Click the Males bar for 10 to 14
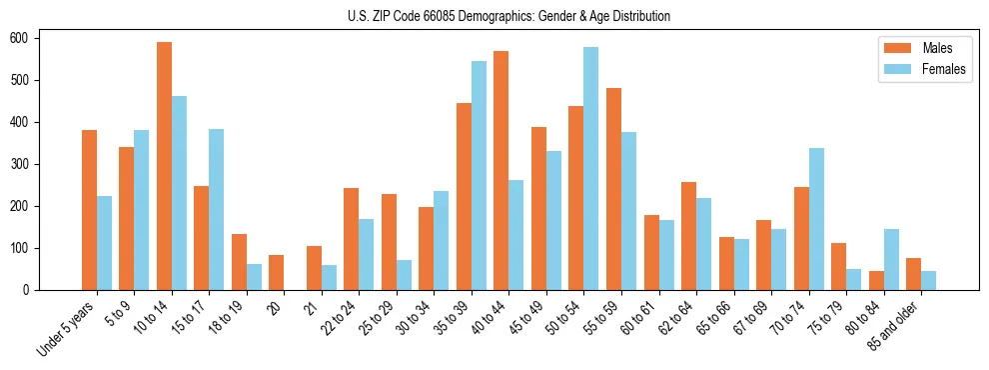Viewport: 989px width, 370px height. tap(164, 166)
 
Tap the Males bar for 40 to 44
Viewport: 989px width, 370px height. tap(501, 170)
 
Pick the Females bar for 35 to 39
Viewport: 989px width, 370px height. tap(480, 175)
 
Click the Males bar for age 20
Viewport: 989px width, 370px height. tap(277, 272)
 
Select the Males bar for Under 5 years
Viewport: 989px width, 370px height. tap(89, 236)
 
